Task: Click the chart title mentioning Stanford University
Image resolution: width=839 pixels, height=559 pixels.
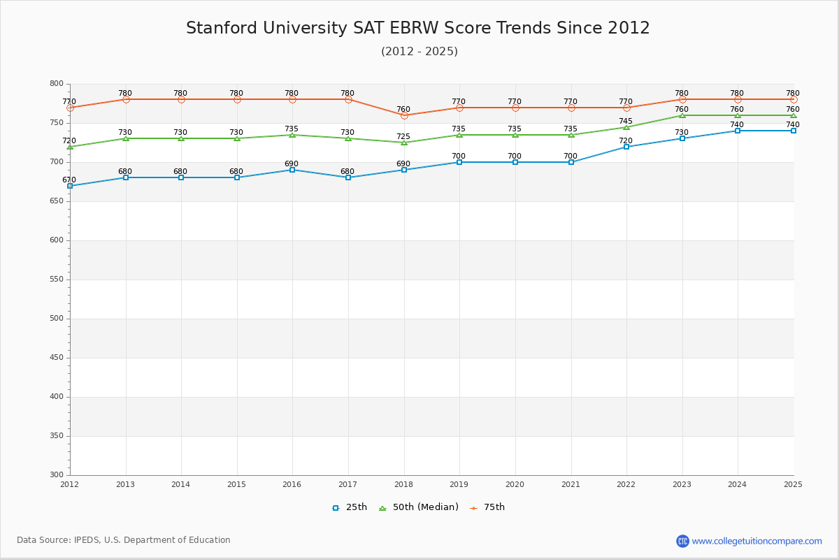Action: click(x=418, y=28)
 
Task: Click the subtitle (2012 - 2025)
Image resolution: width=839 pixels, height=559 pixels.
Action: click(x=419, y=52)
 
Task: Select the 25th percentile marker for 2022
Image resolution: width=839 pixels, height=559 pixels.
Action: click(x=626, y=147)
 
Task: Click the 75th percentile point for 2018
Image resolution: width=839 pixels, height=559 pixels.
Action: click(x=404, y=115)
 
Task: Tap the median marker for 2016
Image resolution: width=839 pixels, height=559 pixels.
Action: click(x=292, y=135)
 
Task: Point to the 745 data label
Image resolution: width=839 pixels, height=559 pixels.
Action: click(x=626, y=121)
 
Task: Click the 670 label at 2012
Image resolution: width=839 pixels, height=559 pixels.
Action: click(x=69, y=180)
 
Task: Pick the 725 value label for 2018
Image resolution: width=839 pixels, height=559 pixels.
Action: click(x=403, y=136)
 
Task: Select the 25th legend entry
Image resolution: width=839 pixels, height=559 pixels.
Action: click(x=350, y=507)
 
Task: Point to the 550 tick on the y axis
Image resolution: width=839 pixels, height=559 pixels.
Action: click(x=55, y=279)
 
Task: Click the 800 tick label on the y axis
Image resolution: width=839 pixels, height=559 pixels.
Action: click(x=55, y=84)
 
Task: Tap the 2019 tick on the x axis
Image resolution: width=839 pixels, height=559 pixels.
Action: click(x=459, y=484)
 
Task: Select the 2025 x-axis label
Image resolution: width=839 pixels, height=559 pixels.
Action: click(x=793, y=484)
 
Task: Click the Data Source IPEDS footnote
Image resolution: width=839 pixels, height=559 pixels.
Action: click(x=124, y=540)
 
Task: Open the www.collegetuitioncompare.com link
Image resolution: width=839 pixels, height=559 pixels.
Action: click(x=757, y=541)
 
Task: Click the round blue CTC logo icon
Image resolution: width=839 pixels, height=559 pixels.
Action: click(x=682, y=541)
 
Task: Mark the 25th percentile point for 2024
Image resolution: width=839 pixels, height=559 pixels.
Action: click(x=738, y=131)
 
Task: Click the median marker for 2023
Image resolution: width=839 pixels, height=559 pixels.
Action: click(x=682, y=115)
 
